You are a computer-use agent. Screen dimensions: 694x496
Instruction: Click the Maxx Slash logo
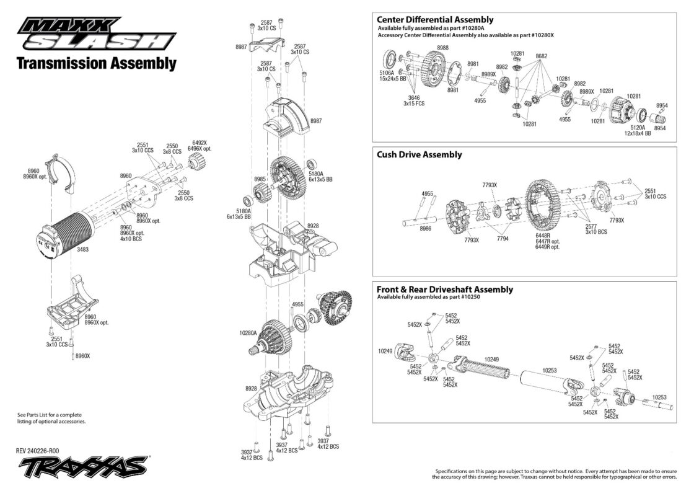(x=97, y=34)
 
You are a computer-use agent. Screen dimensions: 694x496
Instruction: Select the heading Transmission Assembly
(x=97, y=63)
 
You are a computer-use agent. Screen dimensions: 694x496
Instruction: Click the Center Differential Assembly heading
(x=434, y=20)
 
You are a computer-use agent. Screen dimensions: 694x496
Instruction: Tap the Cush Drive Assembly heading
(x=419, y=154)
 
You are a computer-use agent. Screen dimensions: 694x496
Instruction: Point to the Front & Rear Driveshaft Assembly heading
(x=445, y=289)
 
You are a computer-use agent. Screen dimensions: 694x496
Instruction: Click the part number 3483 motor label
(x=83, y=249)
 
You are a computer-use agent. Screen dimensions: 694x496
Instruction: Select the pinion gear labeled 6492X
(x=195, y=162)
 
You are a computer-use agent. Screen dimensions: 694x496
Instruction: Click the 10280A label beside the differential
(x=248, y=333)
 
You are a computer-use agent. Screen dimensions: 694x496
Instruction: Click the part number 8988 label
(x=442, y=48)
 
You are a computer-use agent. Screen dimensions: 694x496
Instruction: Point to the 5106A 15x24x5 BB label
(x=393, y=76)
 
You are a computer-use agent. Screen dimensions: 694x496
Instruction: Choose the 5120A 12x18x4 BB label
(x=638, y=130)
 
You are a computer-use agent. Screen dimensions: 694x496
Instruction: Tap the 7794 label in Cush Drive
(x=503, y=239)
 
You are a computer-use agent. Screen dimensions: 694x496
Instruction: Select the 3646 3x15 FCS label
(x=414, y=101)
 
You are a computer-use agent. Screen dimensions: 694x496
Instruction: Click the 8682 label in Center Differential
(x=542, y=56)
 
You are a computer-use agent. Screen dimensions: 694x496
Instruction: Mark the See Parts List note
(x=51, y=418)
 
